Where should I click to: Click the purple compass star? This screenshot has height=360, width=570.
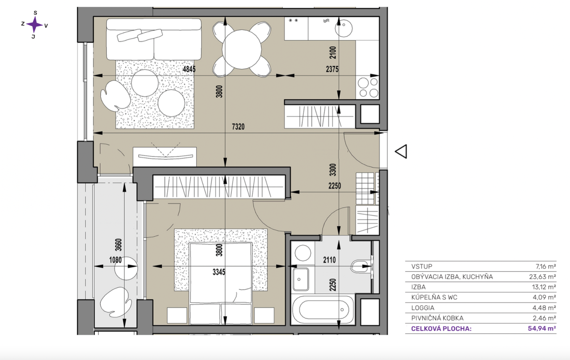[x=34, y=25]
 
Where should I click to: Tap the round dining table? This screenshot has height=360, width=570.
[x=242, y=50]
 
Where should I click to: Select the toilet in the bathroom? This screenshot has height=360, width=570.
[x=361, y=266]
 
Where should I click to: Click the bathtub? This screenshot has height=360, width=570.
[x=323, y=309]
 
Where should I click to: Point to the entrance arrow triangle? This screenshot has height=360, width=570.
[x=401, y=151]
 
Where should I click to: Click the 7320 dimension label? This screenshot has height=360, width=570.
[x=238, y=127]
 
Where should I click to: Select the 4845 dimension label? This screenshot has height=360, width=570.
[x=189, y=69]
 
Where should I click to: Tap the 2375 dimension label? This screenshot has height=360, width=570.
[x=332, y=69]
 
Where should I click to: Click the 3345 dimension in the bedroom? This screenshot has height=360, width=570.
[x=219, y=272]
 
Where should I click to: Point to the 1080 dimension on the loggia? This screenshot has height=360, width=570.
[x=115, y=260]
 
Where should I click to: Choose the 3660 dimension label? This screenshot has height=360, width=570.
[x=119, y=245]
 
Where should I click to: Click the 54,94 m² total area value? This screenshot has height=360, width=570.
[x=542, y=328]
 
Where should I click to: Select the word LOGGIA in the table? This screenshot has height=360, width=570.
[x=423, y=308]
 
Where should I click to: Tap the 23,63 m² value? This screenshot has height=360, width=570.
[x=543, y=277]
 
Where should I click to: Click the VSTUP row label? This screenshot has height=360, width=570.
[x=422, y=267]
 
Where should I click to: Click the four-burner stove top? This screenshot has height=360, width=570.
[x=368, y=88]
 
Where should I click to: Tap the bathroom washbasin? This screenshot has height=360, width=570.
[x=301, y=279]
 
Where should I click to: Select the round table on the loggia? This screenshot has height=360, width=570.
[x=126, y=268]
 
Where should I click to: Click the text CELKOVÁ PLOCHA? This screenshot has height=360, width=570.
[x=441, y=329]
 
